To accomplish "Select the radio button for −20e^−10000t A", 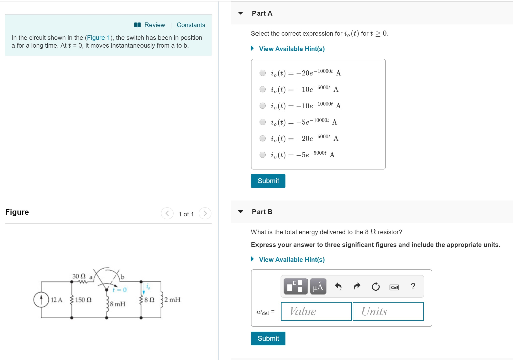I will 263,73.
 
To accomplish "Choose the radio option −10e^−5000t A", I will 263,89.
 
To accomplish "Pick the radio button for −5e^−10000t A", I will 263,122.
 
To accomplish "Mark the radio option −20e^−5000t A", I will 263,138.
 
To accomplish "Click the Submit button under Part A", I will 268,181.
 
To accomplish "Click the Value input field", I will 316,311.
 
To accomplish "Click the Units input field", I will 388,311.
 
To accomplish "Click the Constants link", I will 191,25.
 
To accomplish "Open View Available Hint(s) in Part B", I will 292,259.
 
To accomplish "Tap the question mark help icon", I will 413,286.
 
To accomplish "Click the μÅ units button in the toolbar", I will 318,286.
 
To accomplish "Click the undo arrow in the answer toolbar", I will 338,286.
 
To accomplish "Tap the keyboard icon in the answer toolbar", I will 394,287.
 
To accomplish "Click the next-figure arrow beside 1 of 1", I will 205,214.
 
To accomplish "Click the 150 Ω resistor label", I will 83,300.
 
